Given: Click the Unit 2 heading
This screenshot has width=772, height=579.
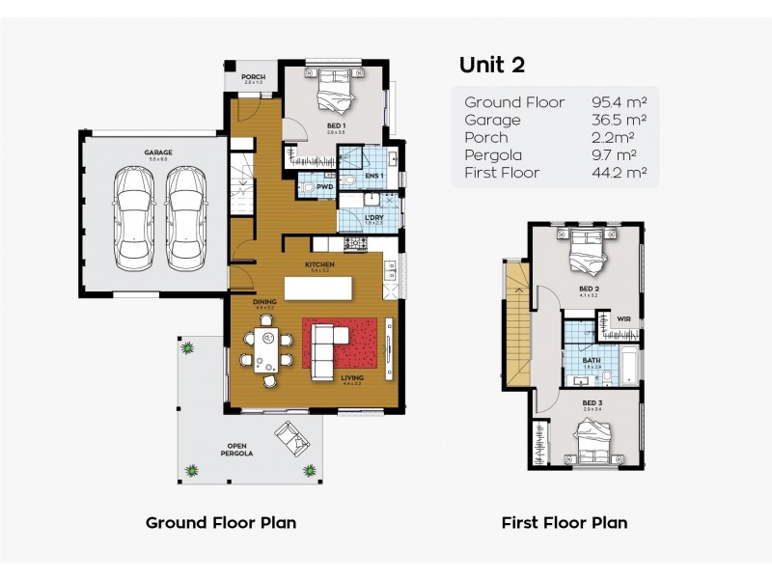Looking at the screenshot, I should pos(493,65).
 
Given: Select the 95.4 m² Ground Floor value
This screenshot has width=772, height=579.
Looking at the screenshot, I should pos(619,102).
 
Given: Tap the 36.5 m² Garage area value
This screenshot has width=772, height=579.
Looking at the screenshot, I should pos(619,120).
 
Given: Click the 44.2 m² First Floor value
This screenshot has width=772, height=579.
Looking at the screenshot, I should pos(619,173).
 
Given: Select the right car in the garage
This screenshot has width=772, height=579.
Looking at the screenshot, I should pos(186,217).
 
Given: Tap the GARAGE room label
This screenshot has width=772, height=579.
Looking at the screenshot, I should pos(158,153).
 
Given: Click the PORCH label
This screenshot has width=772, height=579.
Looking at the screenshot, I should pos(253,78).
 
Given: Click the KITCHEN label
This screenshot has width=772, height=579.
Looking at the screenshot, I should pos(319,264).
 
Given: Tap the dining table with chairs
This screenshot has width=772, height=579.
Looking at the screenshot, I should pos(265,348).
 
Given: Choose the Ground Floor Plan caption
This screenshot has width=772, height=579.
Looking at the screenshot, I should pos(220,523).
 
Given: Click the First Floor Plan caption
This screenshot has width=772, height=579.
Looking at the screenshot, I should pos(564,523).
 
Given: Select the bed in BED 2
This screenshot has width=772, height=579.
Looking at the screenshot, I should pos(586,252).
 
